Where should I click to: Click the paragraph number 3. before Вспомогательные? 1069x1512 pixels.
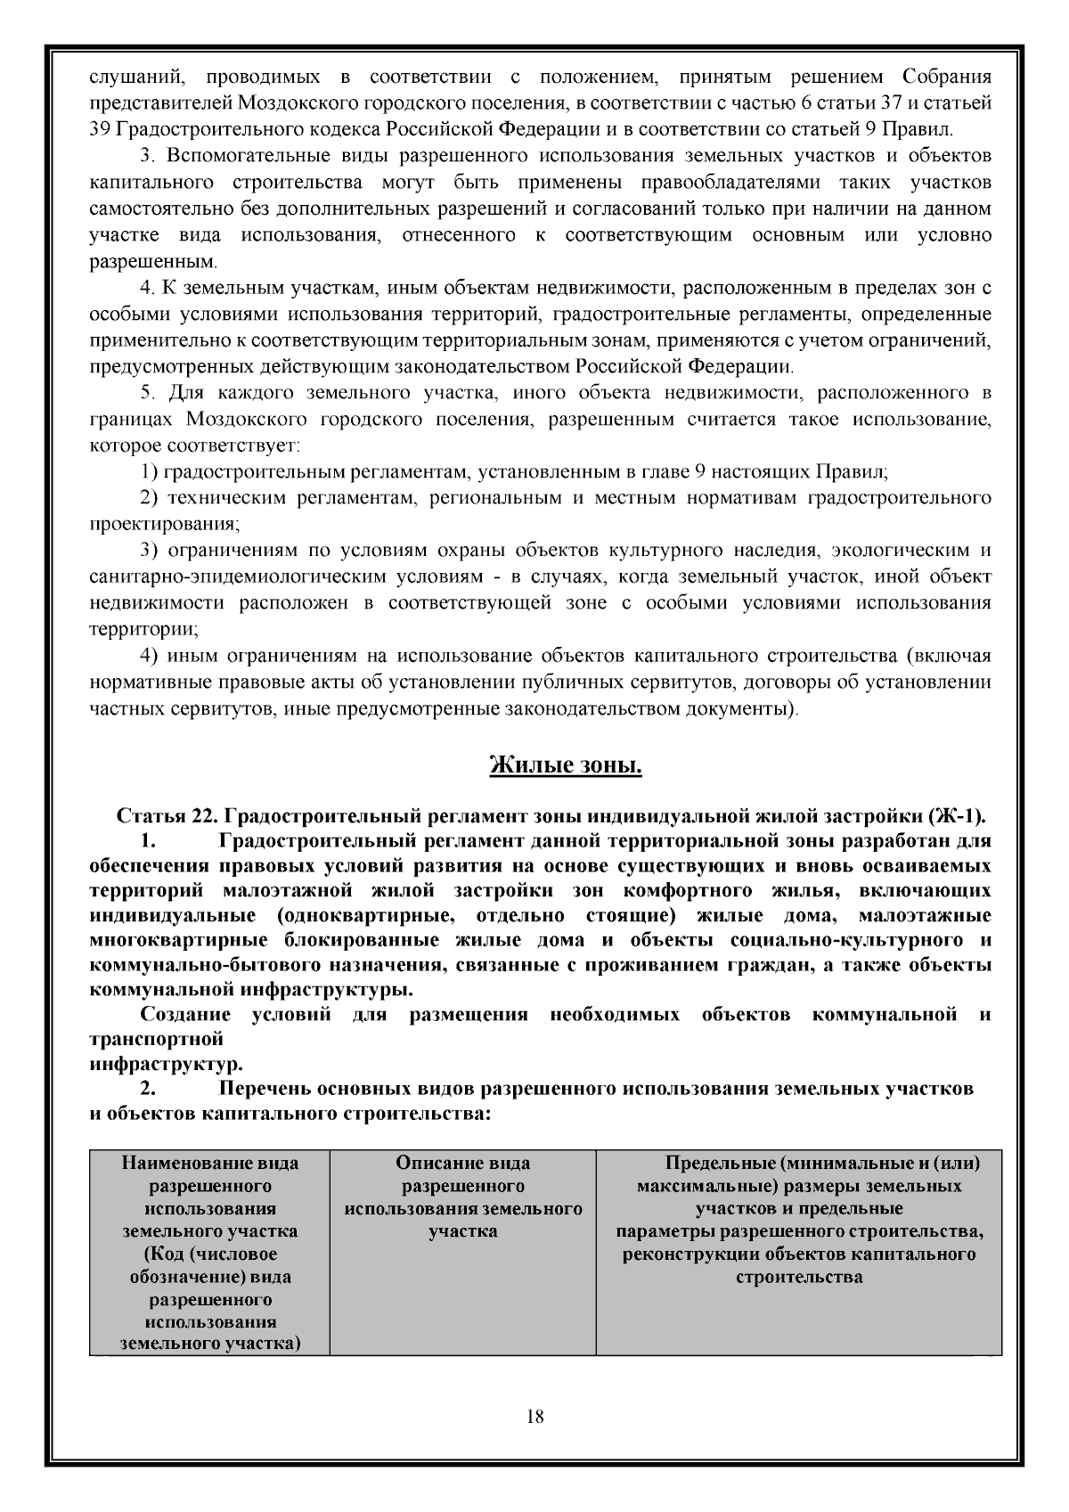[x=149, y=156]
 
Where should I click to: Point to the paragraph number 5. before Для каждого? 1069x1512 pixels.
[x=149, y=393]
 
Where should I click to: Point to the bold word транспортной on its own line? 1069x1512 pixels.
[x=156, y=1039]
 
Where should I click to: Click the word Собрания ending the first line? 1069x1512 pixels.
[x=947, y=76]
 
